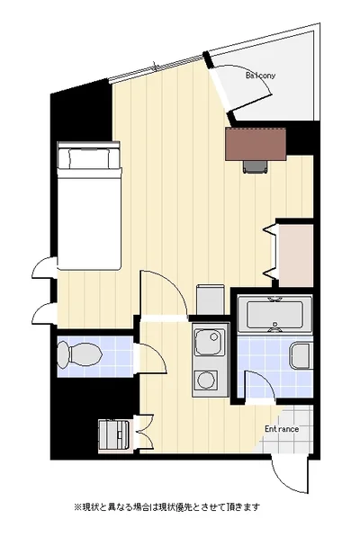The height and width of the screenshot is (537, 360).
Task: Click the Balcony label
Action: [260, 76]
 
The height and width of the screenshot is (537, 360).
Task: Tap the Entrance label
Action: [282, 429]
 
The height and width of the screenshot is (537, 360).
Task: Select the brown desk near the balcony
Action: [256, 144]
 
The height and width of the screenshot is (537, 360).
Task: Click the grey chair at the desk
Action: [256, 166]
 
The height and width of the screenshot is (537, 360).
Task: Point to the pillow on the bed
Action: [89, 158]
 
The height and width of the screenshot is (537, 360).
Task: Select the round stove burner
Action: [206, 380]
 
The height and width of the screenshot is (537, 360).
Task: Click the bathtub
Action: [274, 313]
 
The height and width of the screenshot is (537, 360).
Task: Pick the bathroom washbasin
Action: [301, 356]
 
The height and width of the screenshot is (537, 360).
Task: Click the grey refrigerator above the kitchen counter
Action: [210, 300]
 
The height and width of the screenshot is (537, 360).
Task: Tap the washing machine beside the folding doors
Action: [113, 434]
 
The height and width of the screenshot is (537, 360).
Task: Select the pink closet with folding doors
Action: [295, 255]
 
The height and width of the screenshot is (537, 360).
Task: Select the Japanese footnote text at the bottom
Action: [167, 506]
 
